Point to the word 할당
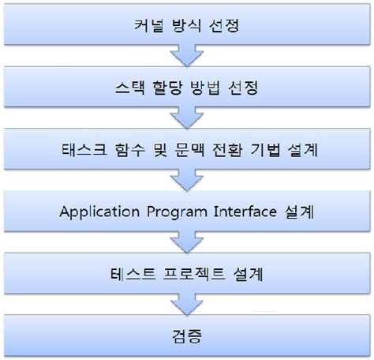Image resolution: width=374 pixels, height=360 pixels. (165, 86)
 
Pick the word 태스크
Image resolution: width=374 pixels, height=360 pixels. (82, 148)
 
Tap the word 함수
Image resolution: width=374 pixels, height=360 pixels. (129, 148)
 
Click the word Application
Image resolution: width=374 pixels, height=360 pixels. (101, 212)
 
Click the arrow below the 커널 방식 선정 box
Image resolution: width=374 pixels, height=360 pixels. (187, 55)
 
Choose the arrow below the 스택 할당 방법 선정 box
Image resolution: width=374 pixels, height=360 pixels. (187, 118)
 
